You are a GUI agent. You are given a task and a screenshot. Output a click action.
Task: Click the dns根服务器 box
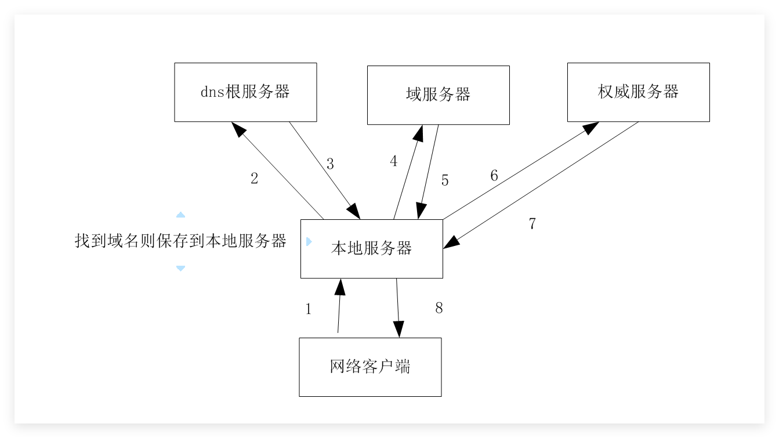tap(245, 92)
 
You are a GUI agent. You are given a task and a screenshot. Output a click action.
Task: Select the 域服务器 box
tap(438, 95)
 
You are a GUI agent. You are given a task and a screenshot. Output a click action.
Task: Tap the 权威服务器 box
tap(638, 92)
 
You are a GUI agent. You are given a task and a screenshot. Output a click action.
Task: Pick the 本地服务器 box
tap(371, 249)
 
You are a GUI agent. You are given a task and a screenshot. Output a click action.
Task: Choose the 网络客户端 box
tap(370, 367)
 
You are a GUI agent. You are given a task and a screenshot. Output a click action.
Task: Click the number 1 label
tap(309, 309)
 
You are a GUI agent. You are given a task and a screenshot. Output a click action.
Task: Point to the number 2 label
tap(254, 179)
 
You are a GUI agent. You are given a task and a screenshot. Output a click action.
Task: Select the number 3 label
tap(330, 164)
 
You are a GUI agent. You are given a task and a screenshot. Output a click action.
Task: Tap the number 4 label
tap(394, 162)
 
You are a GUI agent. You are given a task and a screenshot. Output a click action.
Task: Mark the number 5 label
tap(445, 180)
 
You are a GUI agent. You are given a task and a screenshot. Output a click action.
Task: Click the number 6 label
tap(494, 176)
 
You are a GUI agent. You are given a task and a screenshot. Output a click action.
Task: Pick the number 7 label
tap(532, 224)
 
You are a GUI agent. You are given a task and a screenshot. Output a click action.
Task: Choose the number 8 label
tap(439, 309)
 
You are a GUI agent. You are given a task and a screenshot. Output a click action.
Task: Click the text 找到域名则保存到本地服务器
tap(180, 241)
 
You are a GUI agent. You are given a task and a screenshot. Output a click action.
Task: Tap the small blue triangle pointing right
tap(309, 242)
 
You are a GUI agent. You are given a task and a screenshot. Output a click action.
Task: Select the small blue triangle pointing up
tap(180, 215)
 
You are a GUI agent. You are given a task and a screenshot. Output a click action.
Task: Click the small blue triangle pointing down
tap(180, 269)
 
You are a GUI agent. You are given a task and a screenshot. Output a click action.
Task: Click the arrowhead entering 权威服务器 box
tap(592, 126)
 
